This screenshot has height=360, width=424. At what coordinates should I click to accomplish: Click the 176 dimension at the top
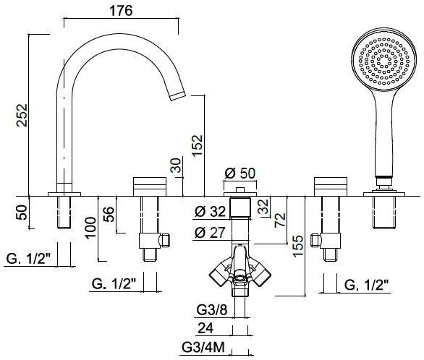[121, 11]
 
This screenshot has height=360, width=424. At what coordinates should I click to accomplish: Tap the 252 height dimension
[22, 115]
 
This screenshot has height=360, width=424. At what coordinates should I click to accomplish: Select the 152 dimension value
[197, 145]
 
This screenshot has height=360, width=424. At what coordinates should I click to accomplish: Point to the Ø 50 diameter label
[240, 173]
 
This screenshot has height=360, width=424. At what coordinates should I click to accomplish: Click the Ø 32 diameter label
[210, 211]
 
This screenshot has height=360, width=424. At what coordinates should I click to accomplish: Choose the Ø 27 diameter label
[210, 232]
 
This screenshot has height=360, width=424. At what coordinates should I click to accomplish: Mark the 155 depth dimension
[298, 246]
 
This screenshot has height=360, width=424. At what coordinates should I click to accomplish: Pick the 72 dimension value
[280, 220]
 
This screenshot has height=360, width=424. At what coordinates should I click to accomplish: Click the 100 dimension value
[91, 228]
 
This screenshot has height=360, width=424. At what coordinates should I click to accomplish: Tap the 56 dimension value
[109, 214]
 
